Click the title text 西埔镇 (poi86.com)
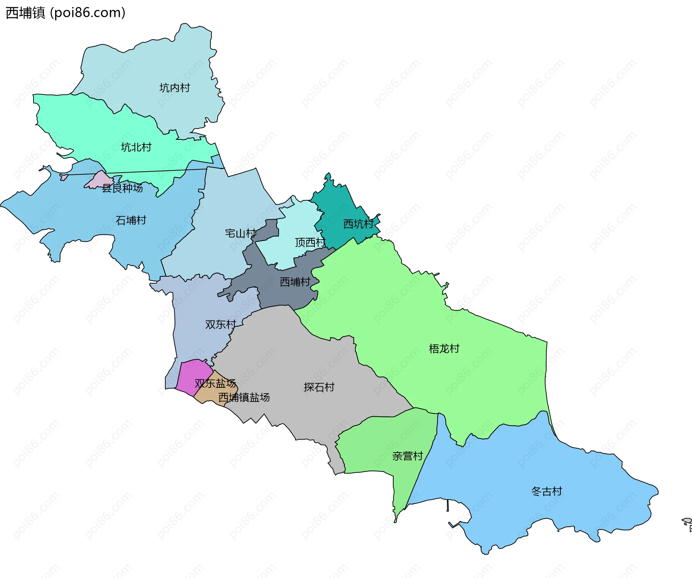(66, 13)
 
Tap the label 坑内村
(174, 88)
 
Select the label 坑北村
(136, 147)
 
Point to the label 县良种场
(122, 188)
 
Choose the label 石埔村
(130, 220)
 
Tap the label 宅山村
(240, 234)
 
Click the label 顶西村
(310, 243)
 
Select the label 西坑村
(358, 224)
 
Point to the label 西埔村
(295, 282)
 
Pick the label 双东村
(220, 324)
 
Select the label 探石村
(319, 387)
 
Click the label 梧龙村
(444, 348)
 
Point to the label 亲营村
(407, 456)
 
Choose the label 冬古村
(546, 491)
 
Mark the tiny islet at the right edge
(687, 521)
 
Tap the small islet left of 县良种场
(64, 177)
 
